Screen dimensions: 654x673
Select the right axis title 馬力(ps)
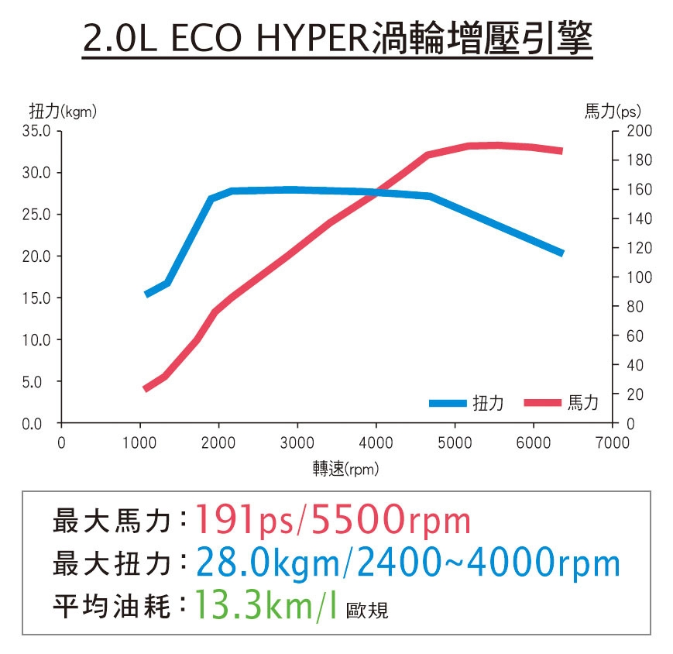tap(613, 112)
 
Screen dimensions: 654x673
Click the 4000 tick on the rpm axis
tap(376, 442)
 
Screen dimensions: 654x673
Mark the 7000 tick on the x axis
tap(612, 442)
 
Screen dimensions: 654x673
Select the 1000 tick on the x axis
tap(140, 442)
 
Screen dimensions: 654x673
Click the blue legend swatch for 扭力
tap(448, 403)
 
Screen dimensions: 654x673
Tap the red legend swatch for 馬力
tap(542, 403)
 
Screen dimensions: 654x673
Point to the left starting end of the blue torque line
tap(147, 294)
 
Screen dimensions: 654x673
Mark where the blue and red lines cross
tap(376, 192)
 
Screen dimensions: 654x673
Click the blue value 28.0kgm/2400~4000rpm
tap(408, 563)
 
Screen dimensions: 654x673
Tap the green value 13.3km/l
tap(266, 605)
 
